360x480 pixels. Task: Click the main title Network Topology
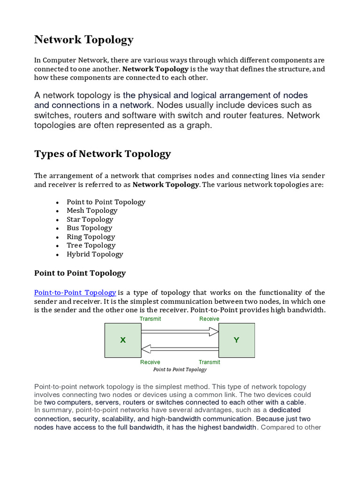tap(84, 40)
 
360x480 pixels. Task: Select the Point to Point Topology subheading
tap(80, 273)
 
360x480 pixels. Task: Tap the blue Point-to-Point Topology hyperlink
tap(75, 292)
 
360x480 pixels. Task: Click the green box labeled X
tap(123, 340)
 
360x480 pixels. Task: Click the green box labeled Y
tap(237, 340)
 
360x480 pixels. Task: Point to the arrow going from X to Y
tap(180, 332)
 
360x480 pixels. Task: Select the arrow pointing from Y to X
tap(180, 348)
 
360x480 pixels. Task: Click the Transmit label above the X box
tap(150, 319)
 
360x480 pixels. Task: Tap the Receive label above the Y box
tap(209, 319)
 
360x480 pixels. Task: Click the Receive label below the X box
tap(150, 362)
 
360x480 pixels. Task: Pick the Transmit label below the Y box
tap(209, 362)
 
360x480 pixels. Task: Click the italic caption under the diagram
tap(180, 369)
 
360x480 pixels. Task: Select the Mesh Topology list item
tap(92, 210)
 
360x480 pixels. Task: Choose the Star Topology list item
tap(90, 219)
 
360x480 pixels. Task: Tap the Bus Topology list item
tap(90, 228)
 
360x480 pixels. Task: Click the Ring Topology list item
tap(91, 237)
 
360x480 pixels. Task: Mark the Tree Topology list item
tap(91, 245)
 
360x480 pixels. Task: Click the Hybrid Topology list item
tap(95, 254)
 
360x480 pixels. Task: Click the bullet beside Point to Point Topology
tap(57, 202)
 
